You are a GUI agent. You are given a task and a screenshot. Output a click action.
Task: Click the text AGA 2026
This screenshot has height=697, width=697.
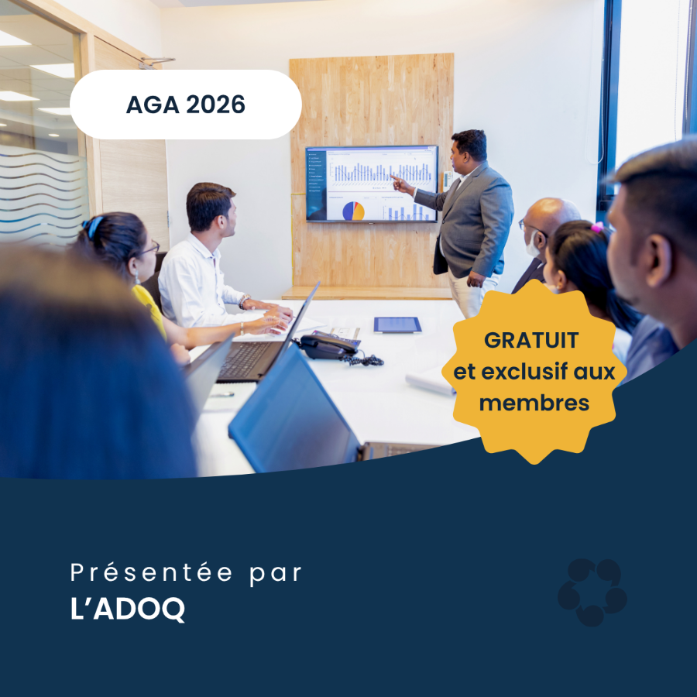(x=185, y=105)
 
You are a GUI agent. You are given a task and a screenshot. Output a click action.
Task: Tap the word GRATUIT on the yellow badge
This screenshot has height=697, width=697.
(x=531, y=341)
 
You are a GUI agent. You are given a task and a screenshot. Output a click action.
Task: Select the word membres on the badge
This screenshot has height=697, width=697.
(x=534, y=403)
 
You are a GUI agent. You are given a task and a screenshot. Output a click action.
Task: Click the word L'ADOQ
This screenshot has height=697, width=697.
(x=128, y=609)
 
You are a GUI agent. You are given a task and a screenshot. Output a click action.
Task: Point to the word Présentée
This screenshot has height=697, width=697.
(x=152, y=572)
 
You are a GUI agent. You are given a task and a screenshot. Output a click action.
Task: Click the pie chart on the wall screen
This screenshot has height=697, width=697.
(x=353, y=211)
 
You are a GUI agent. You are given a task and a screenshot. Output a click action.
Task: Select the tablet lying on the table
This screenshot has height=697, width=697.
(x=397, y=324)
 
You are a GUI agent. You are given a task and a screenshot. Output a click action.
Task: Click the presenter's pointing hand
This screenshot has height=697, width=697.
(x=401, y=184)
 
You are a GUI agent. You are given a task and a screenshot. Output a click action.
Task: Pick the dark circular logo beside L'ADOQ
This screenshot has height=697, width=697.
(x=592, y=592)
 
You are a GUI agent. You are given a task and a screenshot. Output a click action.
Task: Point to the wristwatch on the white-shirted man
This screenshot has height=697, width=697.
(x=244, y=301)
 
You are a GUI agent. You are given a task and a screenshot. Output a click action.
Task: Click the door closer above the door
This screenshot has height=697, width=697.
(x=156, y=63)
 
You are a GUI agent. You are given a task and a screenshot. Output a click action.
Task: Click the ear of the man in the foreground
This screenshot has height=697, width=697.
(x=658, y=260)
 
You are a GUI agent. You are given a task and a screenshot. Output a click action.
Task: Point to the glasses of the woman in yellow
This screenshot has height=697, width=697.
(x=149, y=248)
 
